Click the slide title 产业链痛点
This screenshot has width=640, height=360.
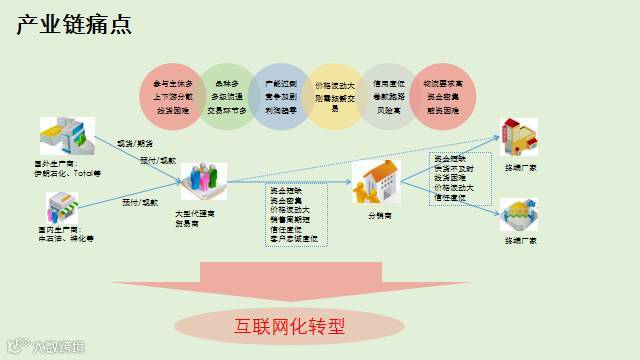pos(75,25)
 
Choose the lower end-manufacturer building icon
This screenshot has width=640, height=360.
pos(521,216)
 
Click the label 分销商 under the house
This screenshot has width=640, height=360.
pos(379,215)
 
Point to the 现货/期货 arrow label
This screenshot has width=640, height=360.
pos(135,143)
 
